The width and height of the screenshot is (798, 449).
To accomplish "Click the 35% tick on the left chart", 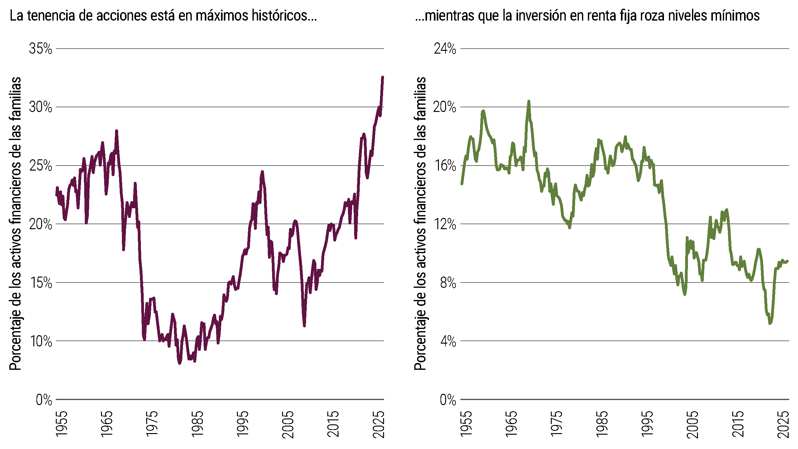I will click(41, 49).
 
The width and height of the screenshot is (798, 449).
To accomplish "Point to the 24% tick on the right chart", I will click(445, 49).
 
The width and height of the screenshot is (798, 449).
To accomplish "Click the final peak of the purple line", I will click(382, 77).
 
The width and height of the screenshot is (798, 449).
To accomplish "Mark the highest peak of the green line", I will click(529, 101).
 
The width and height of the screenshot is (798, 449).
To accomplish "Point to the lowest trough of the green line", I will click(770, 323).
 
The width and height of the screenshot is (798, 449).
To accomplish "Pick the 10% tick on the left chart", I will click(41, 341).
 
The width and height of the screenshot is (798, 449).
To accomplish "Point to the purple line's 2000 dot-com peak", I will click(262, 172).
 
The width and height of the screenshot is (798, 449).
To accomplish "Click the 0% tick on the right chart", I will click(448, 400).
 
